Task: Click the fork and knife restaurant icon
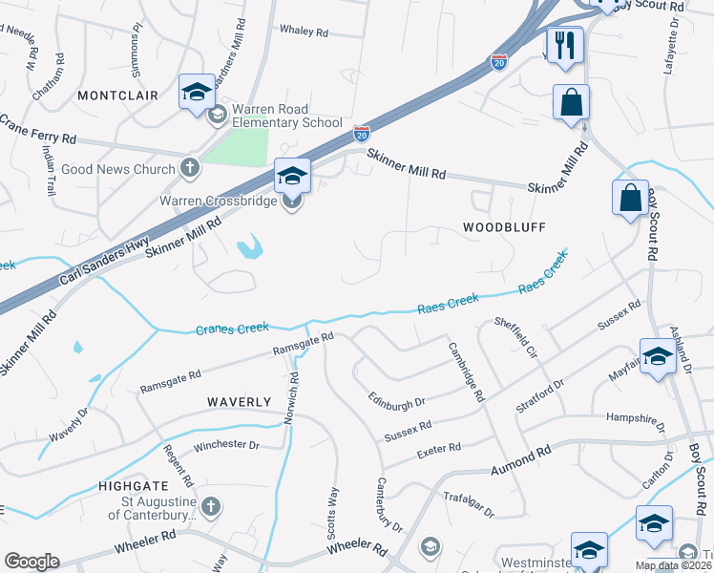coord(564,44)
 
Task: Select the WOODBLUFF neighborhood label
coord(503,227)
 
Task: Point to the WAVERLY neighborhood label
coord(240,402)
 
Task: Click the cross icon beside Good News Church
coord(189,169)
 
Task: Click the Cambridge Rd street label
coord(467,371)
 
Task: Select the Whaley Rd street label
coord(304,31)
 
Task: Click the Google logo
coord(31,561)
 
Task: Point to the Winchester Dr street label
coord(226,445)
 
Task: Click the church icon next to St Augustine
coord(211,505)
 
